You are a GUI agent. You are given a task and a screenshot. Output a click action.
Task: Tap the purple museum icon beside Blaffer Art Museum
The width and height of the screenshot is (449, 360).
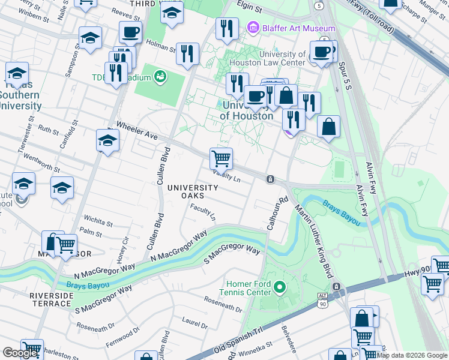(x=252, y=28)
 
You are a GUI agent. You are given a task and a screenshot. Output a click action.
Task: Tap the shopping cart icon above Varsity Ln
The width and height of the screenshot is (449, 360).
(x=221, y=158)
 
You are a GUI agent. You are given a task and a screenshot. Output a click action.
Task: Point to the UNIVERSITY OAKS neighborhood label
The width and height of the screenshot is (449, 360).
(x=193, y=191)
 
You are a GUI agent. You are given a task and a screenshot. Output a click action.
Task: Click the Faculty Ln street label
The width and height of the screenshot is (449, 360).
(x=203, y=211)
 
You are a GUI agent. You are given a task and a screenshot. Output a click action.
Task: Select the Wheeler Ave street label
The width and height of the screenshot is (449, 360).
(x=137, y=131)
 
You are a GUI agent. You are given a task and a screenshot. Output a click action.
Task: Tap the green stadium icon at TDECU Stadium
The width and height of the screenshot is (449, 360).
(x=160, y=76)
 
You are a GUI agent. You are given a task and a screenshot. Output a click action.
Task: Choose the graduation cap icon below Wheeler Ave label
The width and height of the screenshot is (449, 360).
(x=107, y=140)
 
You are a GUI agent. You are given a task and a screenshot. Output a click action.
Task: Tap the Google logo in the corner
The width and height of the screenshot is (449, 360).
(x=20, y=353)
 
